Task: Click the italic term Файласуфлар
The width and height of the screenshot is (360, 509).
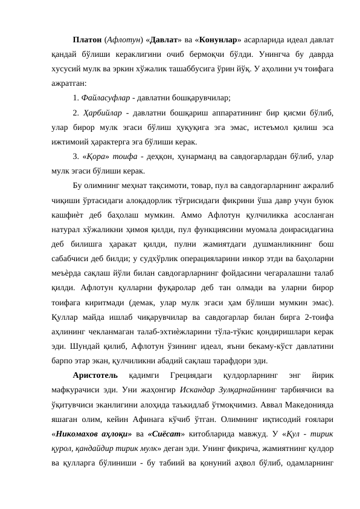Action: tap(106, 97)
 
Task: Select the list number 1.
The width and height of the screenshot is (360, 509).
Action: tap(74, 97)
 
